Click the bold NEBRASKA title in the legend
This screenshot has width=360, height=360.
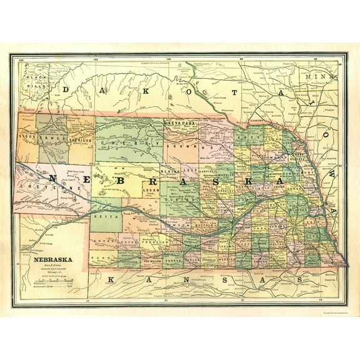[52, 258]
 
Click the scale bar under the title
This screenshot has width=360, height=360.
[53, 286]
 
